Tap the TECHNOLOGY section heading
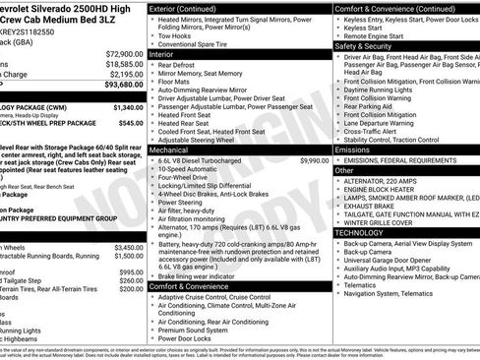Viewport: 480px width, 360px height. click(366, 232)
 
